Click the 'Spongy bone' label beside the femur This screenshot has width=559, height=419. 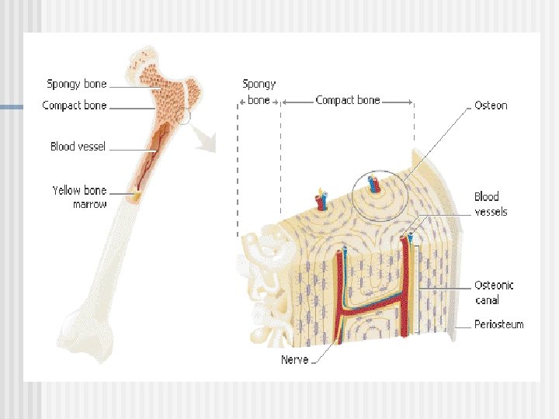pos(77,84)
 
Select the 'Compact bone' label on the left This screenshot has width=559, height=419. pos(75,106)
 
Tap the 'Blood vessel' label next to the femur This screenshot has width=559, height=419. pos(78,146)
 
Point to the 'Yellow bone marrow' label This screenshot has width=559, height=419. pos(79,197)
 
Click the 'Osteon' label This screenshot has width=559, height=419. pos(491,106)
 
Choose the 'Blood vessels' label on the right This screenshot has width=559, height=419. pos(491,204)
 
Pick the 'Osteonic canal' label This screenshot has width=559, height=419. pos(494,293)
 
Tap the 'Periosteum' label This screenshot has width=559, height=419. pos(498,324)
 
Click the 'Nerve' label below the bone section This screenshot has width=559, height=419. pos(294,359)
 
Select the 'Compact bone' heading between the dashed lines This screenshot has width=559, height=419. pos(348,100)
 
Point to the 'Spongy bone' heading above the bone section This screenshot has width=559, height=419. pos(259,92)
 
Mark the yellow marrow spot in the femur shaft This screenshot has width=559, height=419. pos(137,194)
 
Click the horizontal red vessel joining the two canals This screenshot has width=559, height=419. pos(371,308)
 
